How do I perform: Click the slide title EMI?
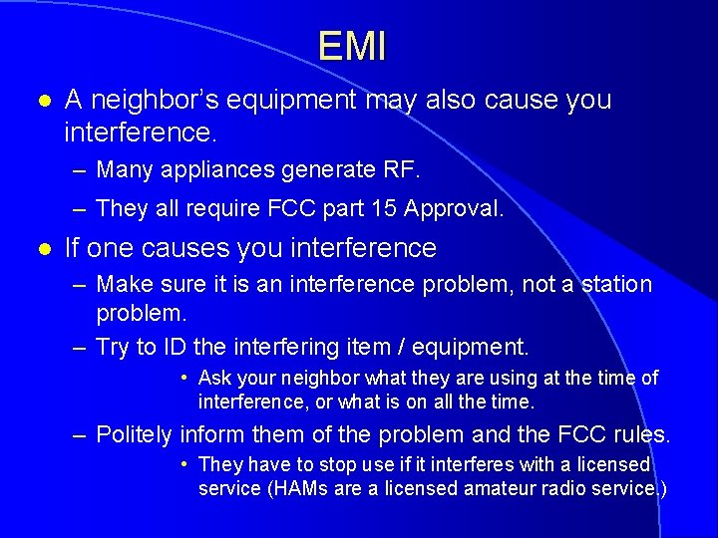pos(352,47)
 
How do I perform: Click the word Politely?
pos(136,434)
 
